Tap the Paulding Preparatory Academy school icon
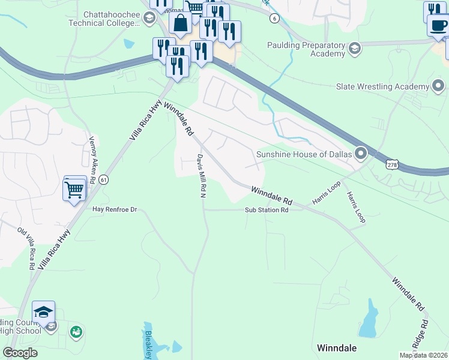coord(354,49)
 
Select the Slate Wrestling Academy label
coord(382,86)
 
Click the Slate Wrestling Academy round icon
coord(439,86)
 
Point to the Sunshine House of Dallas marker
coord(360,154)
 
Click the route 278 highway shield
coord(391,164)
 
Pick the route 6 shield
coord(274,19)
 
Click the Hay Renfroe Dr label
coord(115,209)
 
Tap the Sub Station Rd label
coord(267,210)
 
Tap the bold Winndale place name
coord(336,348)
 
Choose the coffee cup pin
coord(438,26)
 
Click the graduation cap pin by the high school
coord(43,312)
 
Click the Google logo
coord(20,353)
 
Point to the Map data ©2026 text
coord(423,355)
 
